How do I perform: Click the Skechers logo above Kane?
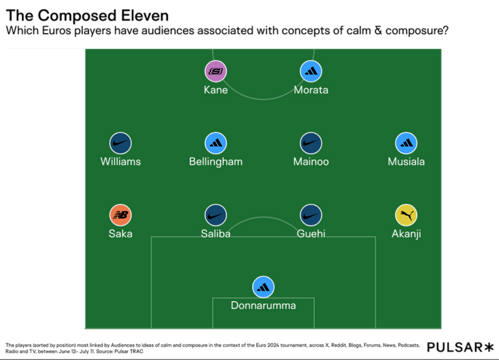point(216,71)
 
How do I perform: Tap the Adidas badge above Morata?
point(311,71)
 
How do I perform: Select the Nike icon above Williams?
point(121,143)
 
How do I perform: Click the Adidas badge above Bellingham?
point(216,143)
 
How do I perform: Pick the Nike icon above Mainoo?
point(311,143)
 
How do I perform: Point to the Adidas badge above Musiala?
point(406,143)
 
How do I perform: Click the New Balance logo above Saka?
point(121,215)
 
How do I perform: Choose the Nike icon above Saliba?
point(216,215)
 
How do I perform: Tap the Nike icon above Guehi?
point(311,215)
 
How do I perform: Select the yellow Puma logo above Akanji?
point(406,215)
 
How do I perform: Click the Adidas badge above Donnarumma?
point(263,287)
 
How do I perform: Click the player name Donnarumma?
point(263,305)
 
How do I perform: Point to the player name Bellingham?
point(216,162)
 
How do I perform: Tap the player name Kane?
point(216,90)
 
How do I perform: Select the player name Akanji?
point(406,234)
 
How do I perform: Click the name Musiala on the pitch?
point(406,162)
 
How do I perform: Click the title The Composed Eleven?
point(87,16)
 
